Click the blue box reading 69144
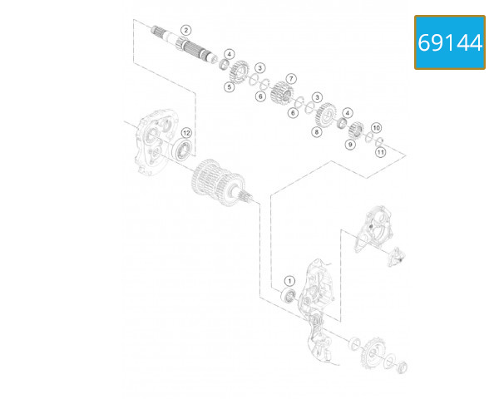click(449, 42)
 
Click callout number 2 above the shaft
click(185, 30)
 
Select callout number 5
click(228, 86)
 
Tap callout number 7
click(291, 78)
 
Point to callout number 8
click(317, 131)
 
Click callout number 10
click(376, 127)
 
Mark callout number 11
click(381, 152)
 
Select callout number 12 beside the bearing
click(187, 132)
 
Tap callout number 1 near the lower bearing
click(289, 281)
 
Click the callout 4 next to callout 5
click(229, 54)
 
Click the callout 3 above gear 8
click(317, 97)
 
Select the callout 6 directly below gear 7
click(292, 112)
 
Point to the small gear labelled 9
click(358, 130)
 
